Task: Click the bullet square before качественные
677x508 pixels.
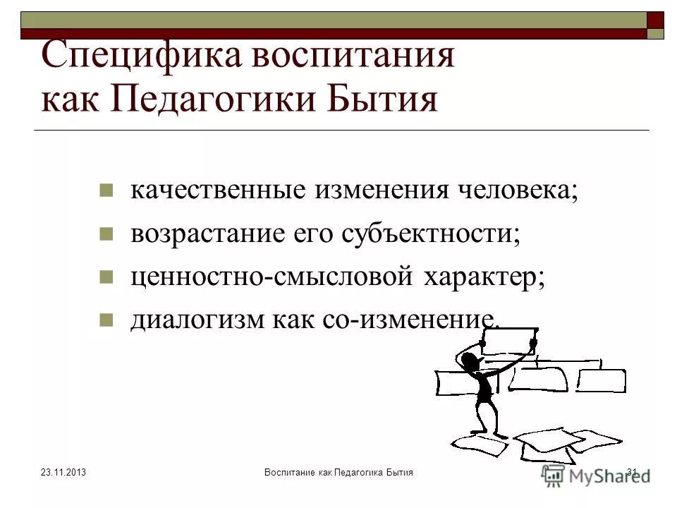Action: tap(106, 191)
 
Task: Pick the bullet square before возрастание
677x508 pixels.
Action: tap(106, 234)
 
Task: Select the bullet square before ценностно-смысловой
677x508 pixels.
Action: tap(106, 276)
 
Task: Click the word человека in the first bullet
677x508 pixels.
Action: tap(524, 191)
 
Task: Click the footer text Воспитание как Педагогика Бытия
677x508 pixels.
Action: tap(338, 472)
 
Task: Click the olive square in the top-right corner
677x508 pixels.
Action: tap(655, 34)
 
